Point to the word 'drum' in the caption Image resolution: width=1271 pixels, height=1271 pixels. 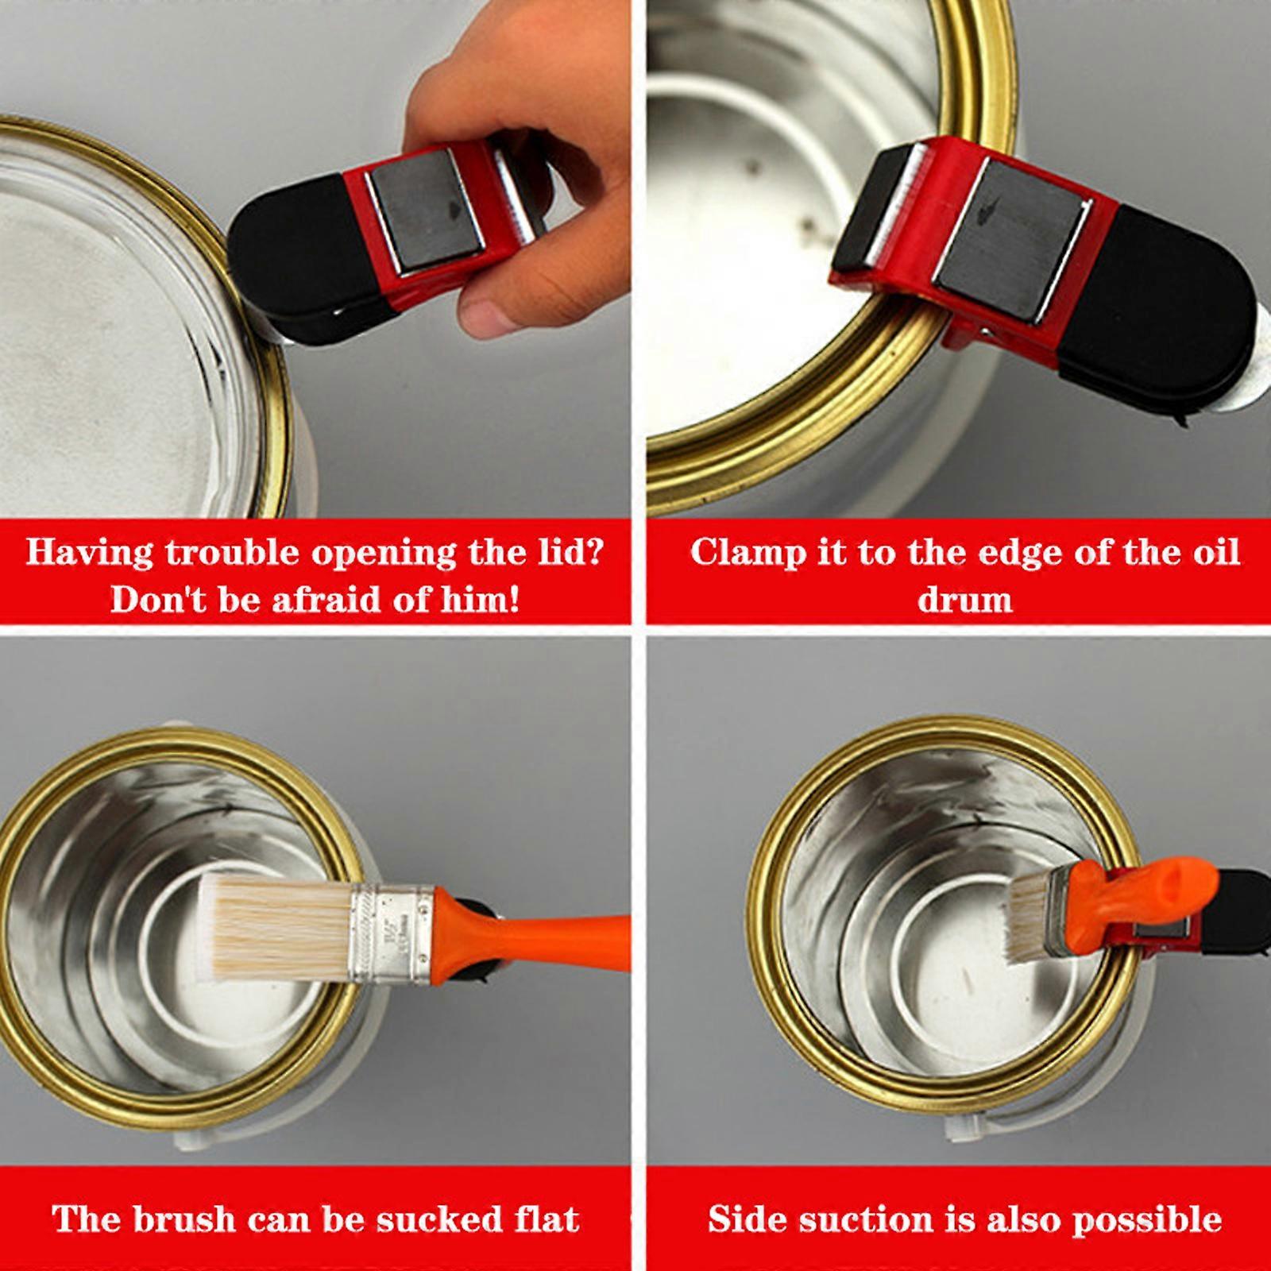pos(964,598)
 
